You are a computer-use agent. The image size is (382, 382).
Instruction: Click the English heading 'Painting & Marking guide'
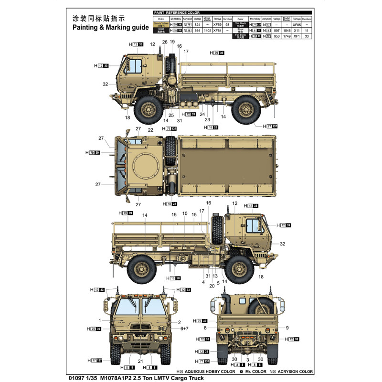pyautogui.click(x=111, y=28)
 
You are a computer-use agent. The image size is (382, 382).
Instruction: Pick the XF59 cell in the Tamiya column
pyautogui.click(x=218, y=24)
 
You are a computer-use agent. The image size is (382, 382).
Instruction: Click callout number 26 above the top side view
pyautogui.click(x=164, y=42)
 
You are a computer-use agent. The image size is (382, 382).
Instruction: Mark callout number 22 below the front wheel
pyautogui.click(x=151, y=130)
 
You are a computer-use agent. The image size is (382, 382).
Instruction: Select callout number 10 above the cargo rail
pyautogui.click(x=184, y=214)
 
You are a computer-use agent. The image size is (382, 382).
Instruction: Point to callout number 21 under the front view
pyautogui.click(x=140, y=361)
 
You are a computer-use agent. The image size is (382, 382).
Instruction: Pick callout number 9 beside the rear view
pyautogui.click(x=288, y=328)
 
